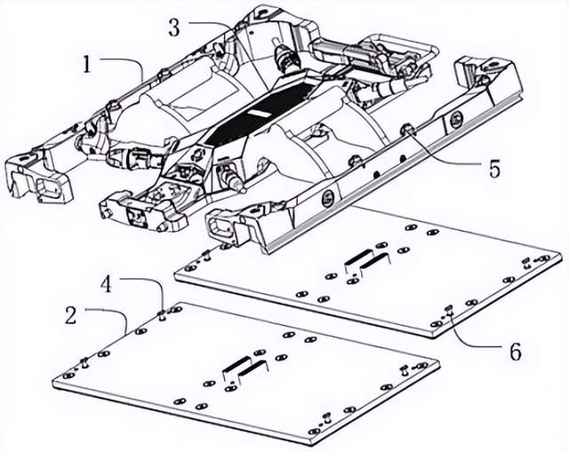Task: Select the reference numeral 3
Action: (173, 28)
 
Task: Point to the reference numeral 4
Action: (106, 284)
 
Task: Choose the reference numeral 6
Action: (516, 352)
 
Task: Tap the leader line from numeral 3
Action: (209, 27)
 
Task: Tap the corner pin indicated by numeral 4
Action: (162, 312)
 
